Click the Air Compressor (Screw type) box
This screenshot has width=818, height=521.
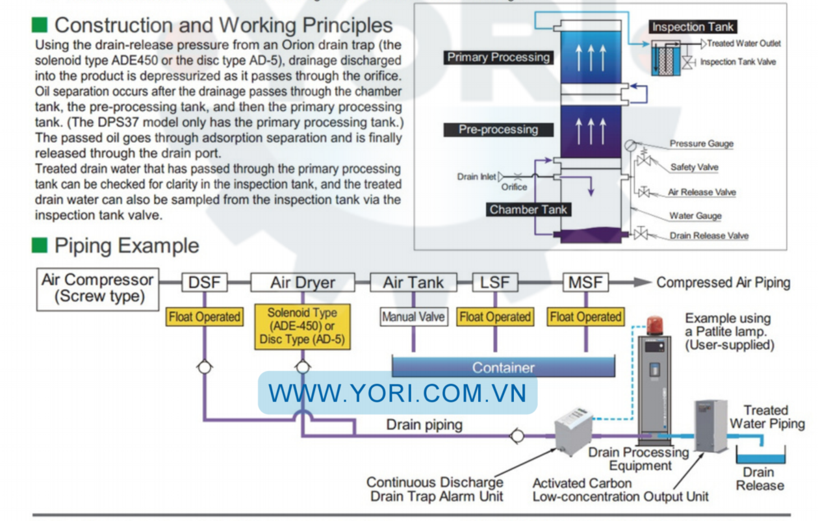coord(98,288)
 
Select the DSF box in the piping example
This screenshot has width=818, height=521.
coord(204,283)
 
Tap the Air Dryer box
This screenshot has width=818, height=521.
coord(303,283)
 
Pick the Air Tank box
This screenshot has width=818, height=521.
coord(413,283)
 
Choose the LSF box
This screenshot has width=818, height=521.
coord(494,283)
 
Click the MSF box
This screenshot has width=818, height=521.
coord(585,283)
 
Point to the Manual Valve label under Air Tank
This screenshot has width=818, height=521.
coord(413,317)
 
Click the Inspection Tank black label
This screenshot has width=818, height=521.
coord(693,27)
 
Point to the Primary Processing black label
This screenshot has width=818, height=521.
coord(498,57)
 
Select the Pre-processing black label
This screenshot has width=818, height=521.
coord(498,129)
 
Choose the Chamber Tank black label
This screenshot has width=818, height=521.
coord(528,209)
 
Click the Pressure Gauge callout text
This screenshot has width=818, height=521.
coord(701,144)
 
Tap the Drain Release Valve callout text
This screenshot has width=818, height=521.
coord(709,236)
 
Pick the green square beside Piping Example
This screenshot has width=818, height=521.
coord(40,246)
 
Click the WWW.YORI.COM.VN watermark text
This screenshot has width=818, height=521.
coord(397,393)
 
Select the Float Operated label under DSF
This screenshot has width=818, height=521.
coord(205,317)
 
